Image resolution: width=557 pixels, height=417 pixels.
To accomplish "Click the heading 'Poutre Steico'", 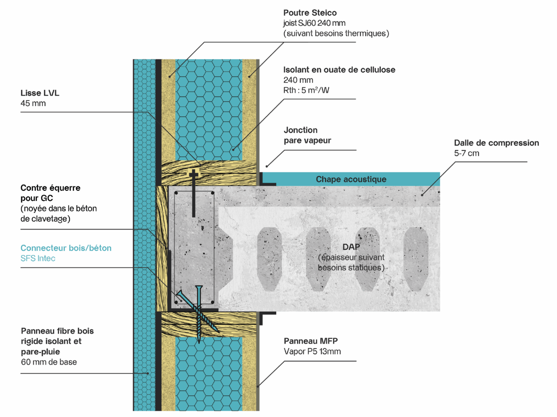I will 310,13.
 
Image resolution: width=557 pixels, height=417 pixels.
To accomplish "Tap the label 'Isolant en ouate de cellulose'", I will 339,70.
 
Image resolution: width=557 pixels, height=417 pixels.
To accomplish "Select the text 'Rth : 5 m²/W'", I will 306,90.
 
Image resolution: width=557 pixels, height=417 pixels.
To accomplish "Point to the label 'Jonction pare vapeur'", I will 307,135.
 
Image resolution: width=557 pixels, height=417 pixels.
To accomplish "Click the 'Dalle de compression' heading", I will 496,143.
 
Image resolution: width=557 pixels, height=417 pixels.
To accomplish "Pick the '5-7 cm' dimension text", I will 466,153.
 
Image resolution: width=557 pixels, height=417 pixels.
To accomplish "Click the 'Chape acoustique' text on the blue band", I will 351,179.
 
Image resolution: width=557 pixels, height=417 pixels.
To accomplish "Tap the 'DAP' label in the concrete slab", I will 351,247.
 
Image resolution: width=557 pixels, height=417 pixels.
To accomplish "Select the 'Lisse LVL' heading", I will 40,93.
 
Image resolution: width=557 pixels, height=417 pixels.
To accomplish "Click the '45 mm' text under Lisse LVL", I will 33,103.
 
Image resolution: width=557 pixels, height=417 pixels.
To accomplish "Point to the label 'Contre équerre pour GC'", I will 50,193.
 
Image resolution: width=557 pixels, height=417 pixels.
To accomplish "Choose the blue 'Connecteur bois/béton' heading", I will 66,248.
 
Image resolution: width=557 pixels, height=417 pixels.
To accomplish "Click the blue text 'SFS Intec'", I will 38,258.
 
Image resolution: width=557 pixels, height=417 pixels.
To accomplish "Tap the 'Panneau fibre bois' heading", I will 57,331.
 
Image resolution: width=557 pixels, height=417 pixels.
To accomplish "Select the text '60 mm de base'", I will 49,362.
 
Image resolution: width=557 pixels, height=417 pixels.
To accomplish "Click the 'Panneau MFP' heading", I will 311,341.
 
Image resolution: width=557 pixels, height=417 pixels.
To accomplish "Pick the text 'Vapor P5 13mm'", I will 312,351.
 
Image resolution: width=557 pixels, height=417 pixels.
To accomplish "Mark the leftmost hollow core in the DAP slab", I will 269,259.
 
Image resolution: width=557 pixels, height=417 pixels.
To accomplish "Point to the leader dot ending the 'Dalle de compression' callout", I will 422,195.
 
